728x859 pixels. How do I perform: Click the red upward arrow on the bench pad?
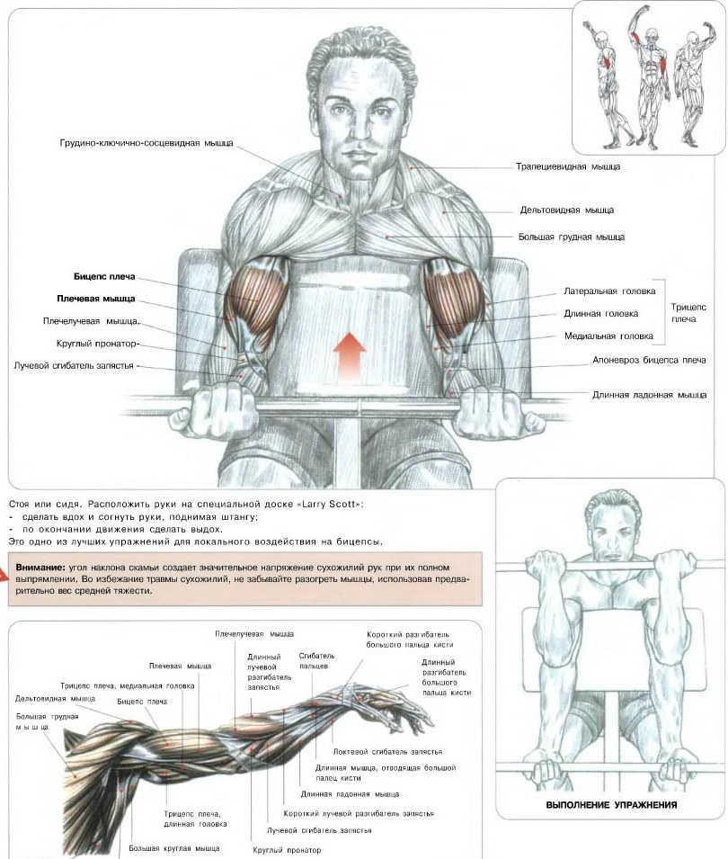pyautogui.click(x=350, y=359)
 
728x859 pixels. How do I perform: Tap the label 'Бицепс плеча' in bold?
pyautogui.click(x=104, y=277)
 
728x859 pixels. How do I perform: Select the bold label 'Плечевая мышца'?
pyautogui.click(x=96, y=299)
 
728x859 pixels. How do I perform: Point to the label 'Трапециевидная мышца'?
pyautogui.click(x=568, y=166)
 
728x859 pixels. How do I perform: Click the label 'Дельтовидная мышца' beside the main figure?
pyautogui.click(x=566, y=210)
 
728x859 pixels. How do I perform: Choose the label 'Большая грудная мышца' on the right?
pyautogui.click(x=572, y=237)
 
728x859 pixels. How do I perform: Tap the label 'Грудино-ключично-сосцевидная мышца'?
pyautogui.click(x=146, y=143)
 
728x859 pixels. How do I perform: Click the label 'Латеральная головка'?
pyautogui.click(x=609, y=291)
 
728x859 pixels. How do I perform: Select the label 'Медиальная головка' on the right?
pyautogui.click(x=608, y=336)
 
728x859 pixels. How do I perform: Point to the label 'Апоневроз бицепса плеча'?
pyautogui.click(x=649, y=361)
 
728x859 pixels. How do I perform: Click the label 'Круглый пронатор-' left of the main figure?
pyautogui.click(x=98, y=344)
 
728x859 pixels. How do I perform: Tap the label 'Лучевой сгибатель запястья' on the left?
pyautogui.click(x=74, y=365)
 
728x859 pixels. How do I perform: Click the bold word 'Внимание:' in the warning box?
pyautogui.click(x=40, y=568)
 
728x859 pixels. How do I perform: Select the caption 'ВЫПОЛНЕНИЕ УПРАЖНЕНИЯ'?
pyautogui.click(x=611, y=805)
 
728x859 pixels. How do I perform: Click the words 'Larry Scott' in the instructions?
pyautogui.click(x=329, y=504)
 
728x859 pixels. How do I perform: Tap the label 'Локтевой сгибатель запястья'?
pyautogui.click(x=387, y=752)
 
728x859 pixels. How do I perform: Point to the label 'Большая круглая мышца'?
pyautogui.click(x=174, y=848)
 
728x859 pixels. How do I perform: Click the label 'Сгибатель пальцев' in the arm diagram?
pyautogui.click(x=316, y=661)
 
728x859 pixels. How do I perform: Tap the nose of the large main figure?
pyautogui.click(x=359, y=125)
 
